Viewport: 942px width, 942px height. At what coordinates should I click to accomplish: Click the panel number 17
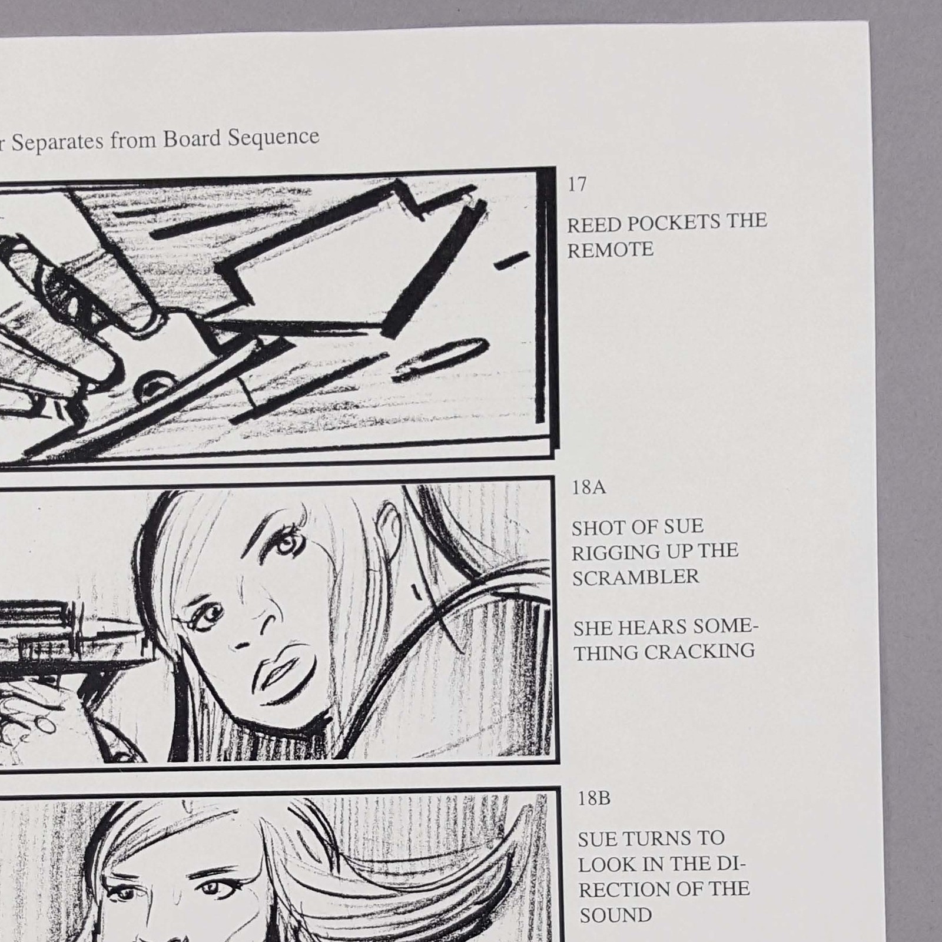pos(577,184)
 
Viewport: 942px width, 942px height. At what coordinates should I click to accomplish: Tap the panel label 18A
pos(589,488)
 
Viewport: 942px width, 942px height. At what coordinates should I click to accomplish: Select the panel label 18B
pos(594,799)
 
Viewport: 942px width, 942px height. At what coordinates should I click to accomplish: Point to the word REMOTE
pos(611,250)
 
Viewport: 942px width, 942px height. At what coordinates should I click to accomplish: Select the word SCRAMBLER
pos(636,578)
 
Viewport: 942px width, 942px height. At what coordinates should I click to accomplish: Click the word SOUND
pos(616,916)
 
